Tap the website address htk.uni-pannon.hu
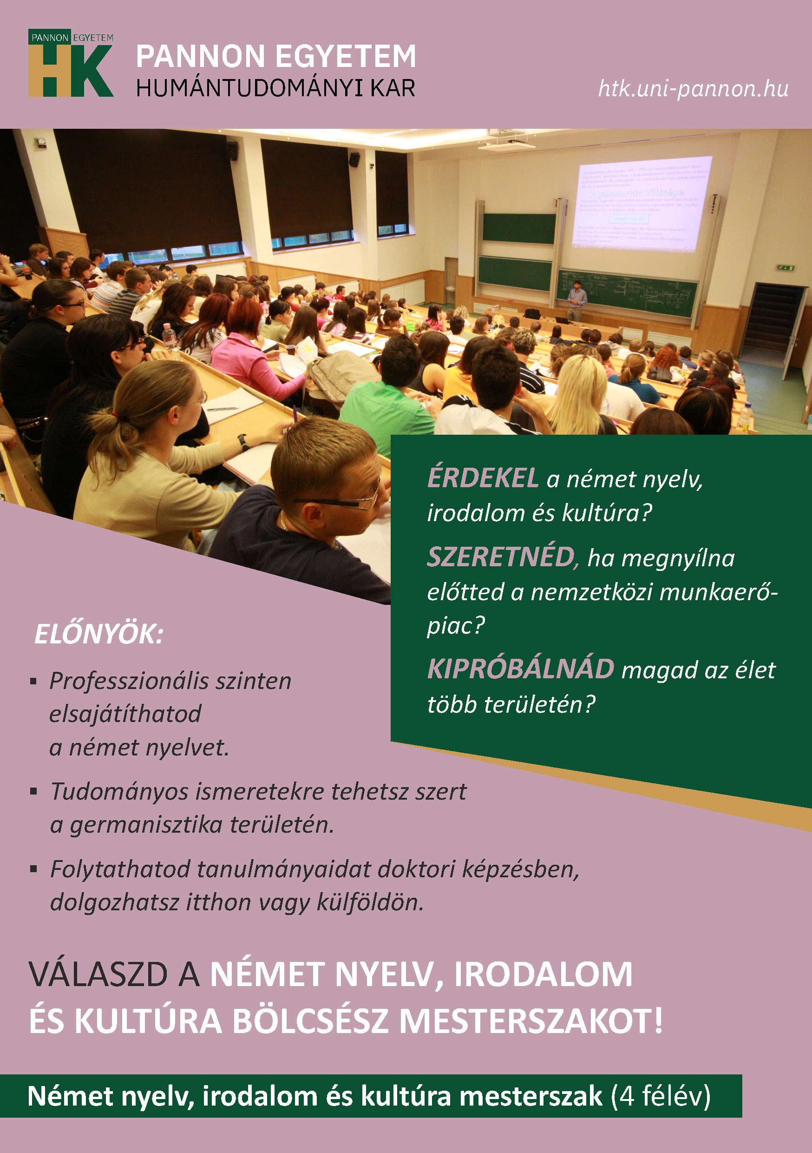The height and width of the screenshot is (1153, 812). tap(693, 89)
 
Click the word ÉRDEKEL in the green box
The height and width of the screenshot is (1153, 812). tap(482, 478)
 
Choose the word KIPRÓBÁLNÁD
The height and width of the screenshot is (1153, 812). tap(520, 669)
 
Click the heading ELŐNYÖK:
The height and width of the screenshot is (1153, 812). tap(98, 634)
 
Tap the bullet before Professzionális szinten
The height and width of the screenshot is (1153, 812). tap(33, 682)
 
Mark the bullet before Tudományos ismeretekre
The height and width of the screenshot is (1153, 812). tap(33, 792)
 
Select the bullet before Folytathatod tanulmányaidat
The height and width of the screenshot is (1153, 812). tap(33, 869)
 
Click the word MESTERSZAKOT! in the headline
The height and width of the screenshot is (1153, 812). tap(530, 1021)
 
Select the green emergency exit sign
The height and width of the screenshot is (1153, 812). tap(786, 268)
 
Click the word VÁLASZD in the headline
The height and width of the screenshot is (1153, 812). tap(98, 975)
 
